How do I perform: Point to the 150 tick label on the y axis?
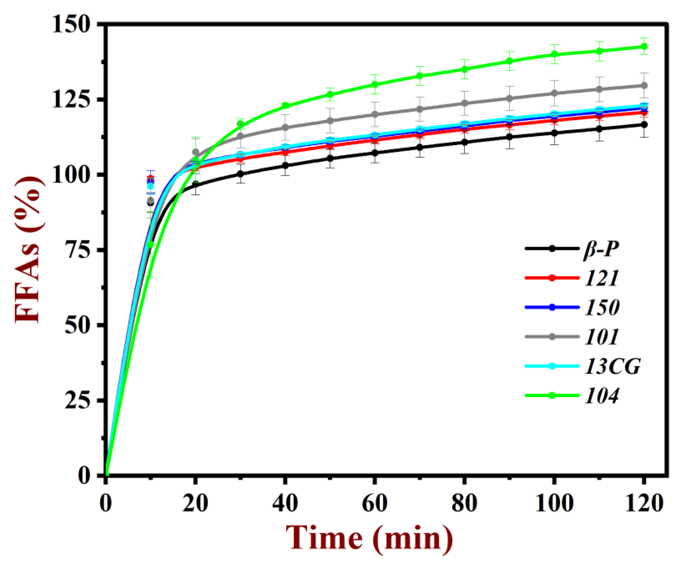[70, 24]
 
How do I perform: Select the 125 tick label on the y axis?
[70, 99]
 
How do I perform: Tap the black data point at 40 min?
[285, 165]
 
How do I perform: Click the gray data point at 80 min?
[465, 103]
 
